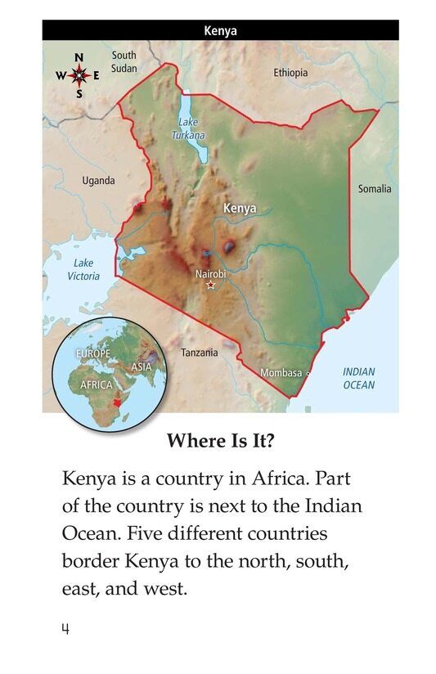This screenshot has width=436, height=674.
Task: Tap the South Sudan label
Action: [124, 61]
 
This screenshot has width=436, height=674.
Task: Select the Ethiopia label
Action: [290, 73]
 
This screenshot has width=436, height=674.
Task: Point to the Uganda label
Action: [99, 181]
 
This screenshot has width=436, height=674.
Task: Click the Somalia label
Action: [375, 189]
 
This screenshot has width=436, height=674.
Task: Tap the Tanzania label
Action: [199, 353]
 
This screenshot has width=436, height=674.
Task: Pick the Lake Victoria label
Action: [83, 270]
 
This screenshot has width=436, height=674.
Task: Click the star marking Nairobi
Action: [211, 285]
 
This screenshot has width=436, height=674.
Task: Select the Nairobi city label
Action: [210, 274]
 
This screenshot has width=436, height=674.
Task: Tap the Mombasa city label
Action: [281, 373]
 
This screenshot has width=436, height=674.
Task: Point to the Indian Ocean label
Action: [358, 378]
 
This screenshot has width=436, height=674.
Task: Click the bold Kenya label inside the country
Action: [240, 209]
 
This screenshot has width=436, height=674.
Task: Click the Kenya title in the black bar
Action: [220, 32]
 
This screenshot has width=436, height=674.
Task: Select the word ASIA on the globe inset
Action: [142, 366]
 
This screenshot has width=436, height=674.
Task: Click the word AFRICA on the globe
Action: [97, 384]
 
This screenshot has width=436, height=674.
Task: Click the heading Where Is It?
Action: [221, 442]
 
